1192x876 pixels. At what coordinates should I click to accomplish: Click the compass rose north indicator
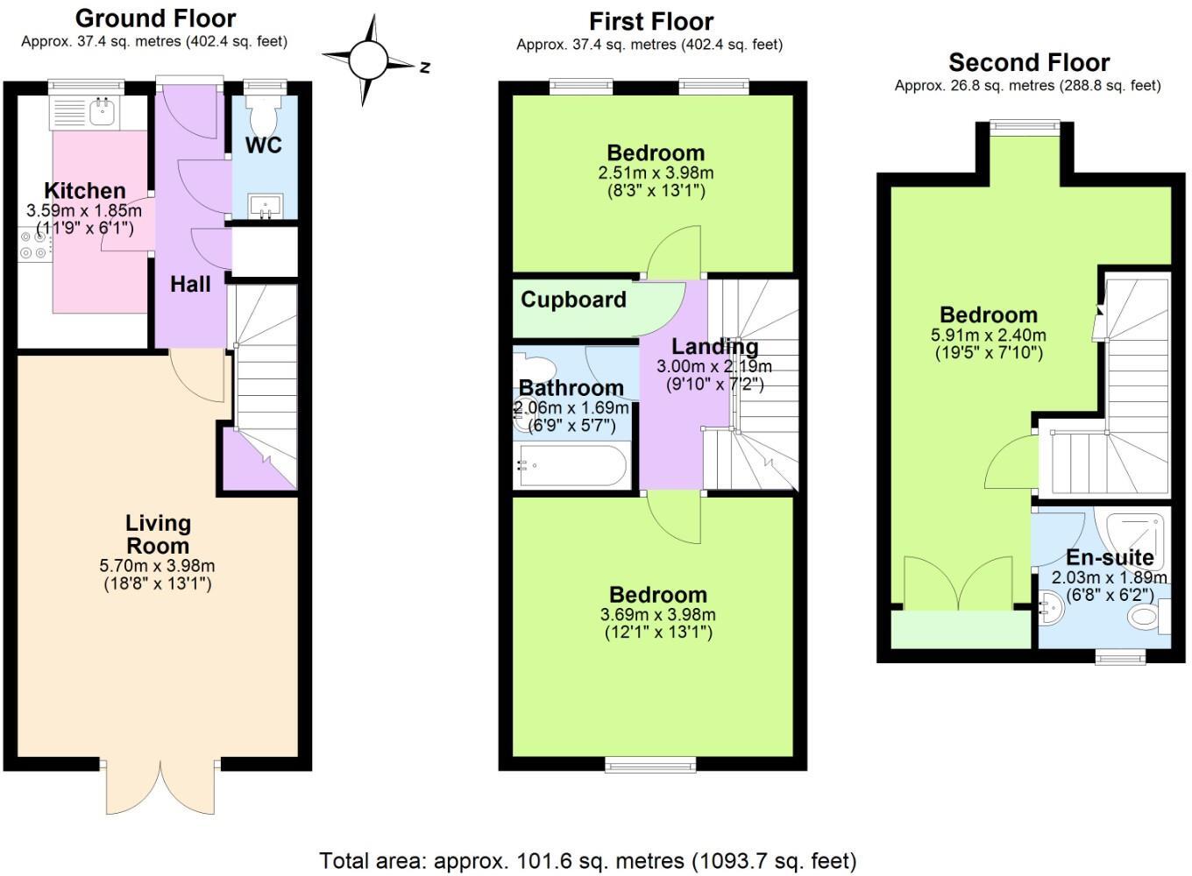(x=368, y=60)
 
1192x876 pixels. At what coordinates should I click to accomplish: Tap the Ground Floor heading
(x=155, y=18)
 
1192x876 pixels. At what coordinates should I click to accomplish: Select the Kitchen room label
(x=85, y=190)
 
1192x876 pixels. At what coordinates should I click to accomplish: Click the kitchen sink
(x=103, y=113)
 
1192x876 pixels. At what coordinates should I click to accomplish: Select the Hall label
(x=190, y=284)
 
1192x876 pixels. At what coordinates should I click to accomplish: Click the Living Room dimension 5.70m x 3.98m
(x=157, y=566)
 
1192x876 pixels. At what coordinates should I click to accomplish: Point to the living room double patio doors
(x=160, y=788)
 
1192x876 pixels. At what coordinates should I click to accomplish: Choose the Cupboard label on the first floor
(x=573, y=300)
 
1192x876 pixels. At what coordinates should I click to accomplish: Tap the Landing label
(x=714, y=347)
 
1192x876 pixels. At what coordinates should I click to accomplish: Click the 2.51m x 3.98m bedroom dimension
(x=656, y=173)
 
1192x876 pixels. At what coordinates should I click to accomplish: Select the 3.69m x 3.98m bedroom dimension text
(x=657, y=614)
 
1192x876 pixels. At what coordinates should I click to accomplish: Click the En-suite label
(x=1109, y=557)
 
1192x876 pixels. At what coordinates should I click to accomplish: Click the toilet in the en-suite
(x=1146, y=616)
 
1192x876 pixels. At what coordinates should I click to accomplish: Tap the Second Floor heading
(x=1029, y=62)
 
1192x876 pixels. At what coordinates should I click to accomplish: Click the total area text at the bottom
(x=587, y=861)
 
